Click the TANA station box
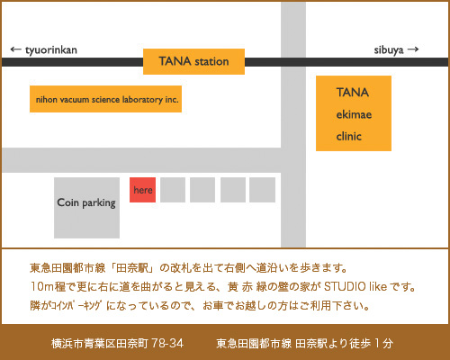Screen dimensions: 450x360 point(193,61)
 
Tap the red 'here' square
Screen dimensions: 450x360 point(142,190)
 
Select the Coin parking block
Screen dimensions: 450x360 point(86,208)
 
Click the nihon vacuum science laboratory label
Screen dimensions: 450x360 point(107,100)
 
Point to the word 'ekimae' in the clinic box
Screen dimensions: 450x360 point(354,114)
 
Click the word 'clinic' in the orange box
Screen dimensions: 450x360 point(348,137)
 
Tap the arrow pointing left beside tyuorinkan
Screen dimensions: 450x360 point(16,49)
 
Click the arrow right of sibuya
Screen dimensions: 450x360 point(413,49)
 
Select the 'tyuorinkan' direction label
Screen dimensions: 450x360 point(51,50)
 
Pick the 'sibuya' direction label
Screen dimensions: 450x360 point(389,50)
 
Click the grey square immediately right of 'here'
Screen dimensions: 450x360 point(173,190)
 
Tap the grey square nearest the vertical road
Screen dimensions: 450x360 point(262,190)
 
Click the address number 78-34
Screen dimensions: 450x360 point(167,343)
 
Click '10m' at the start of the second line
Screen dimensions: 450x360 point(42,287)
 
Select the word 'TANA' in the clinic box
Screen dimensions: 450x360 point(353,93)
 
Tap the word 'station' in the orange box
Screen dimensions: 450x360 point(211,61)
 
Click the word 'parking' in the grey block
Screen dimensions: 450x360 point(99,203)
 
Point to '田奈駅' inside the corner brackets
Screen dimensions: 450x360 point(132,268)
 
